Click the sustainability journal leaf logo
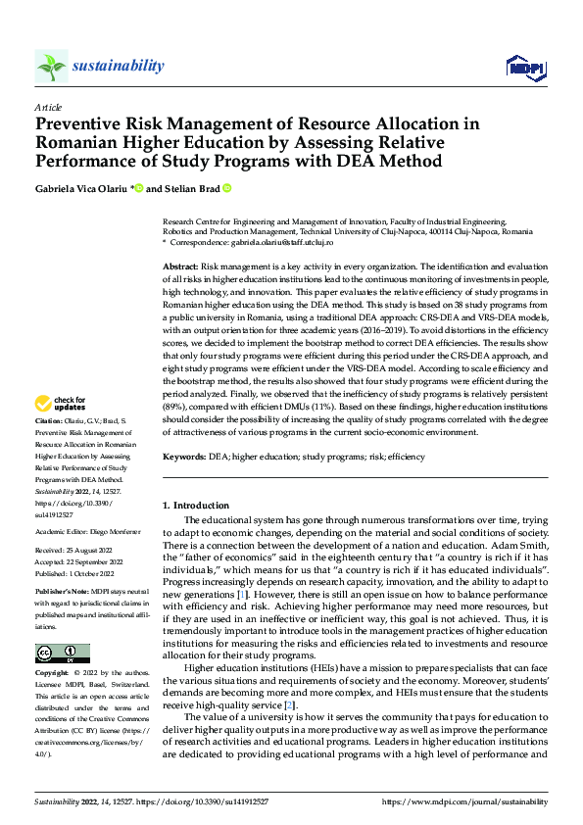(51, 67)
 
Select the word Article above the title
(48, 106)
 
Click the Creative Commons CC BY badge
(62, 654)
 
